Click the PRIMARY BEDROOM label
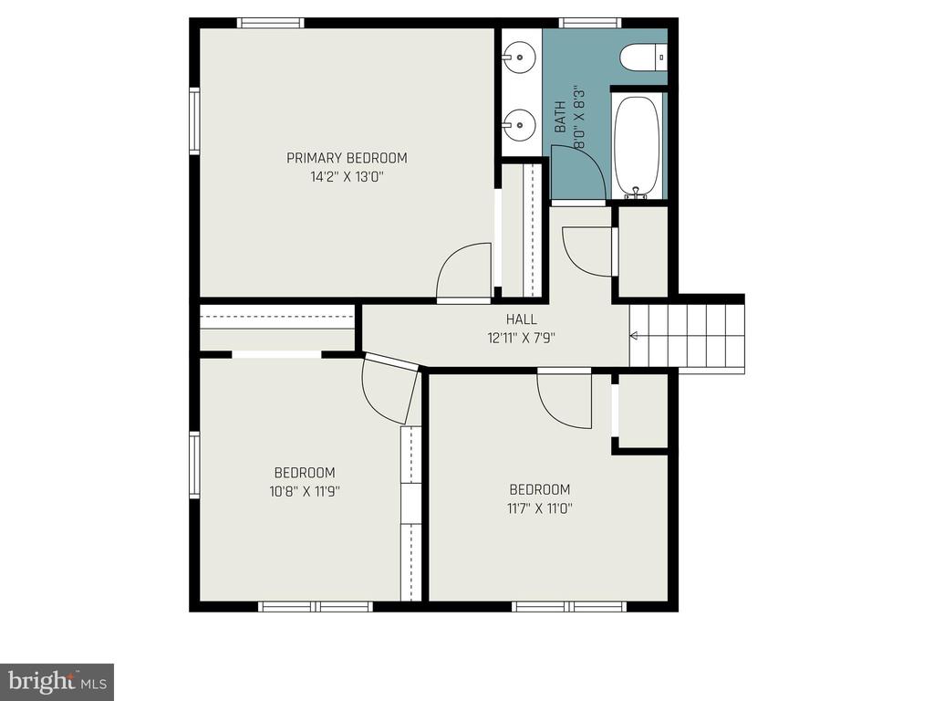pos(347,158)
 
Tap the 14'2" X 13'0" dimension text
pos(347,177)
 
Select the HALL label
pos(521,319)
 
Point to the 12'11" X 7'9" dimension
pos(521,338)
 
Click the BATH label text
pos(560,117)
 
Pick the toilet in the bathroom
pos(643,58)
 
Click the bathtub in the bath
pos(638,146)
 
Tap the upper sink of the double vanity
pos(519,58)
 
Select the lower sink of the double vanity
pos(519,125)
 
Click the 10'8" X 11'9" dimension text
pos(305,492)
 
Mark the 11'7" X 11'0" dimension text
pos(540,508)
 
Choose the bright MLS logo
pos(57,682)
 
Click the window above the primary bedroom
pos(271,23)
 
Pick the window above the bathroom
pos(590,23)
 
